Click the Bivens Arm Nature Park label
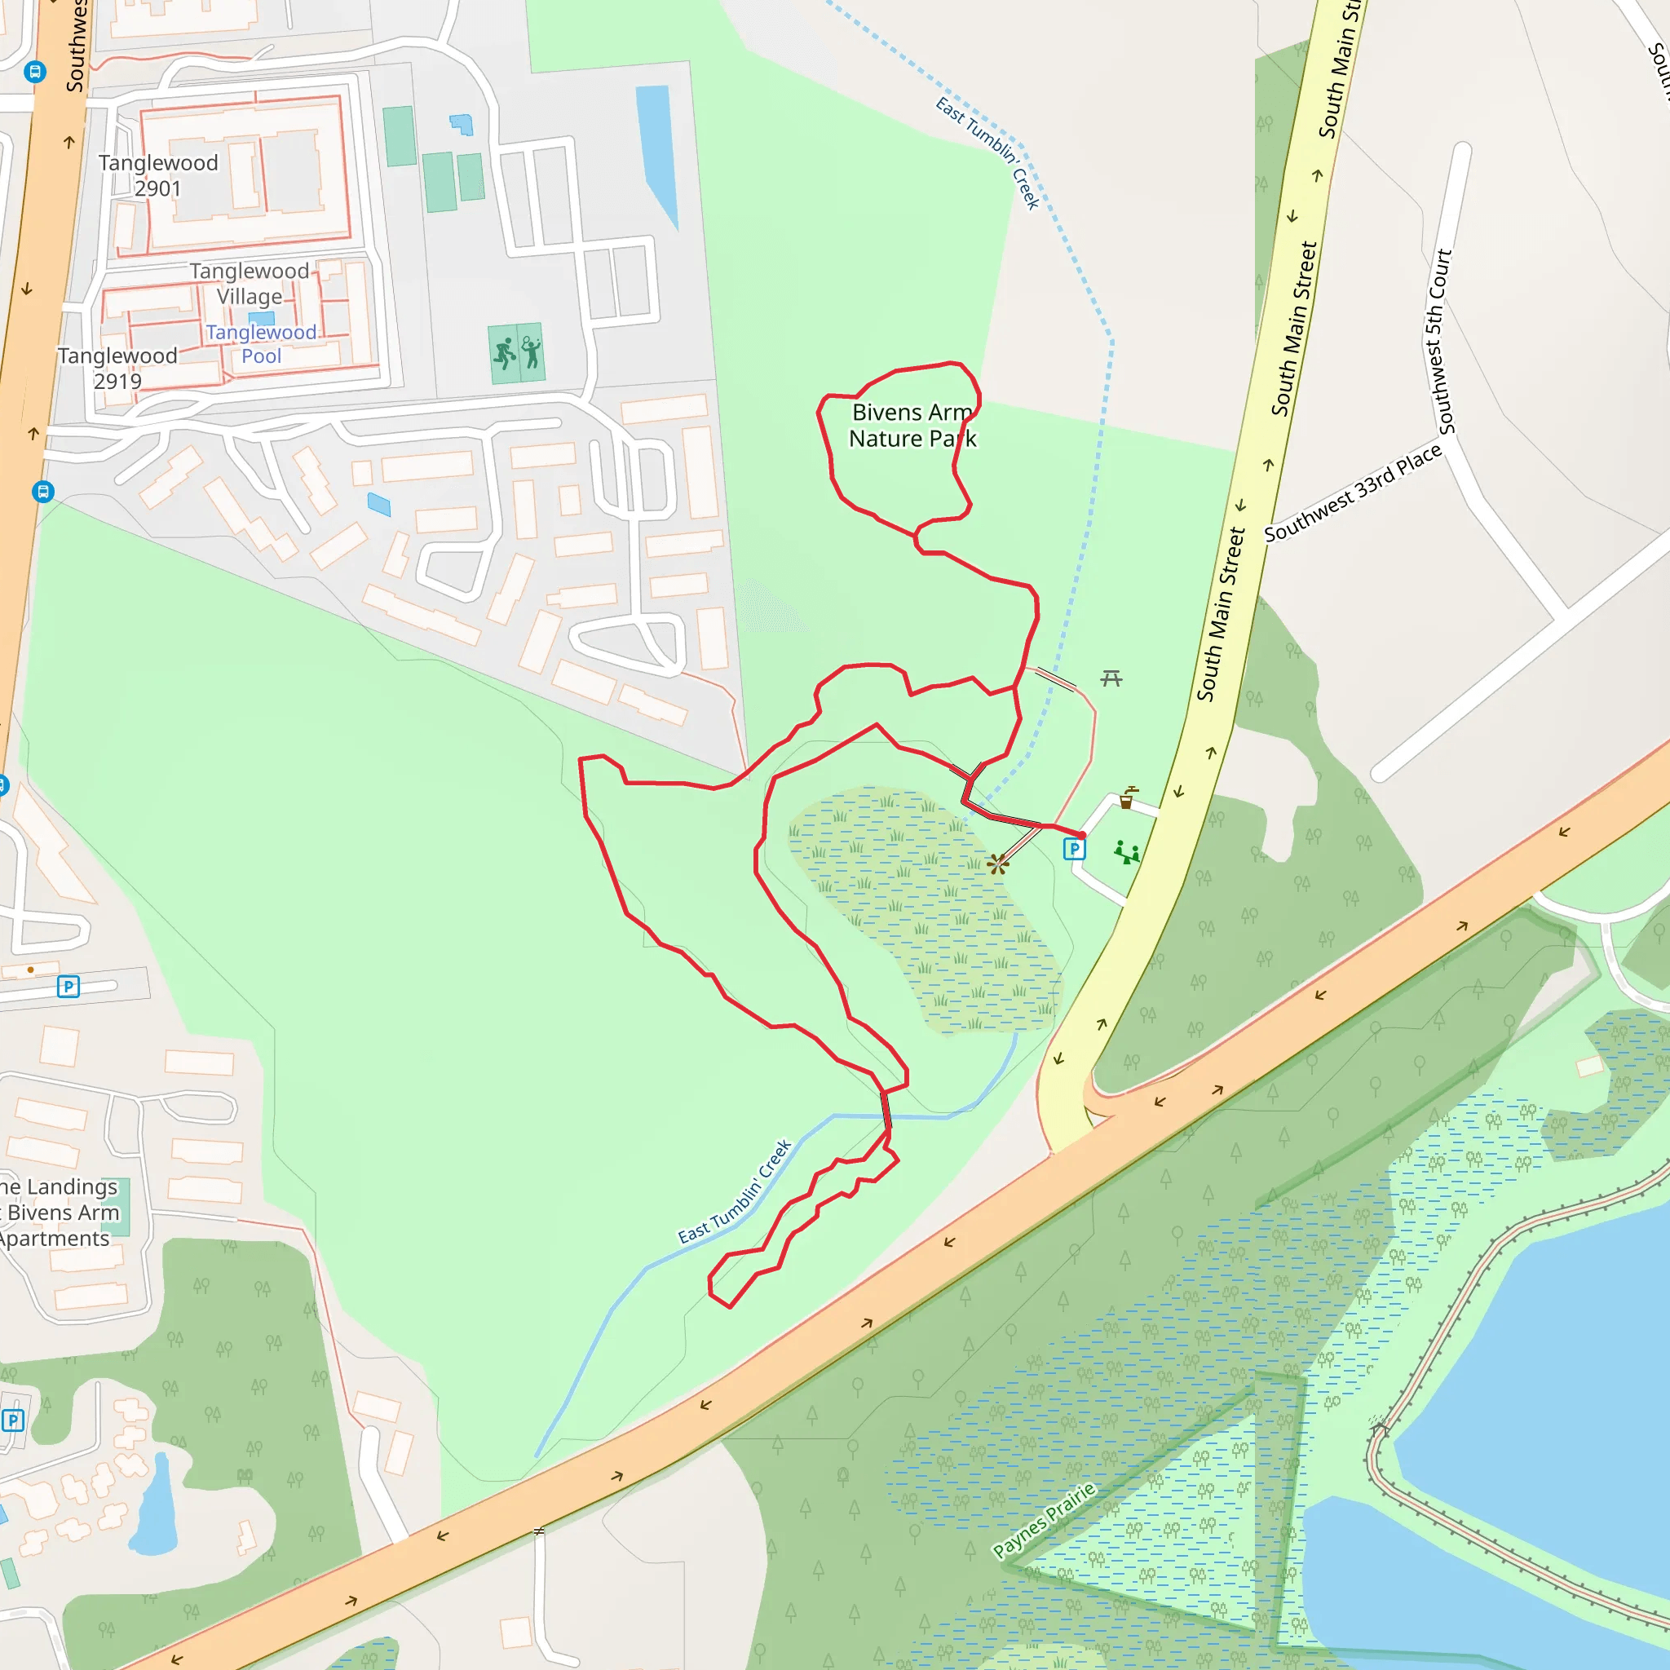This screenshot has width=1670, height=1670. coord(912,426)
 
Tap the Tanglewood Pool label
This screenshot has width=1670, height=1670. coord(261,344)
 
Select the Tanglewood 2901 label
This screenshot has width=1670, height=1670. coord(158,175)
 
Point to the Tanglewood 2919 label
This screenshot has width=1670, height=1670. coord(117,369)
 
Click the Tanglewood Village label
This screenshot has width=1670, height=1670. coord(250,284)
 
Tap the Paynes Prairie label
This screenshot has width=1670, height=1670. coord(1045,1521)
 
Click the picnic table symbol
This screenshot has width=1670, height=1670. coord(1111,678)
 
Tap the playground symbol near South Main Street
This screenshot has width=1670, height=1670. coord(1126,853)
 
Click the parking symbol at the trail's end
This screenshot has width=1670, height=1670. coord(1074,850)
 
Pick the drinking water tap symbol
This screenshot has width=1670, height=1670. coord(1127,797)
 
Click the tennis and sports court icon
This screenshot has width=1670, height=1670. coord(517,352)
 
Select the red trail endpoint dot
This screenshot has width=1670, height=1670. coord(1081,835)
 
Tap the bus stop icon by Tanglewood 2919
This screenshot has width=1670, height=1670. coord(43,492)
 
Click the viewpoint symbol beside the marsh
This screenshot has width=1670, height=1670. coord(997,864)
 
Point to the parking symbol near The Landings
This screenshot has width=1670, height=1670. coord(68,987)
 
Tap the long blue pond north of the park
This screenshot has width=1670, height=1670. coord(656,152)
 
